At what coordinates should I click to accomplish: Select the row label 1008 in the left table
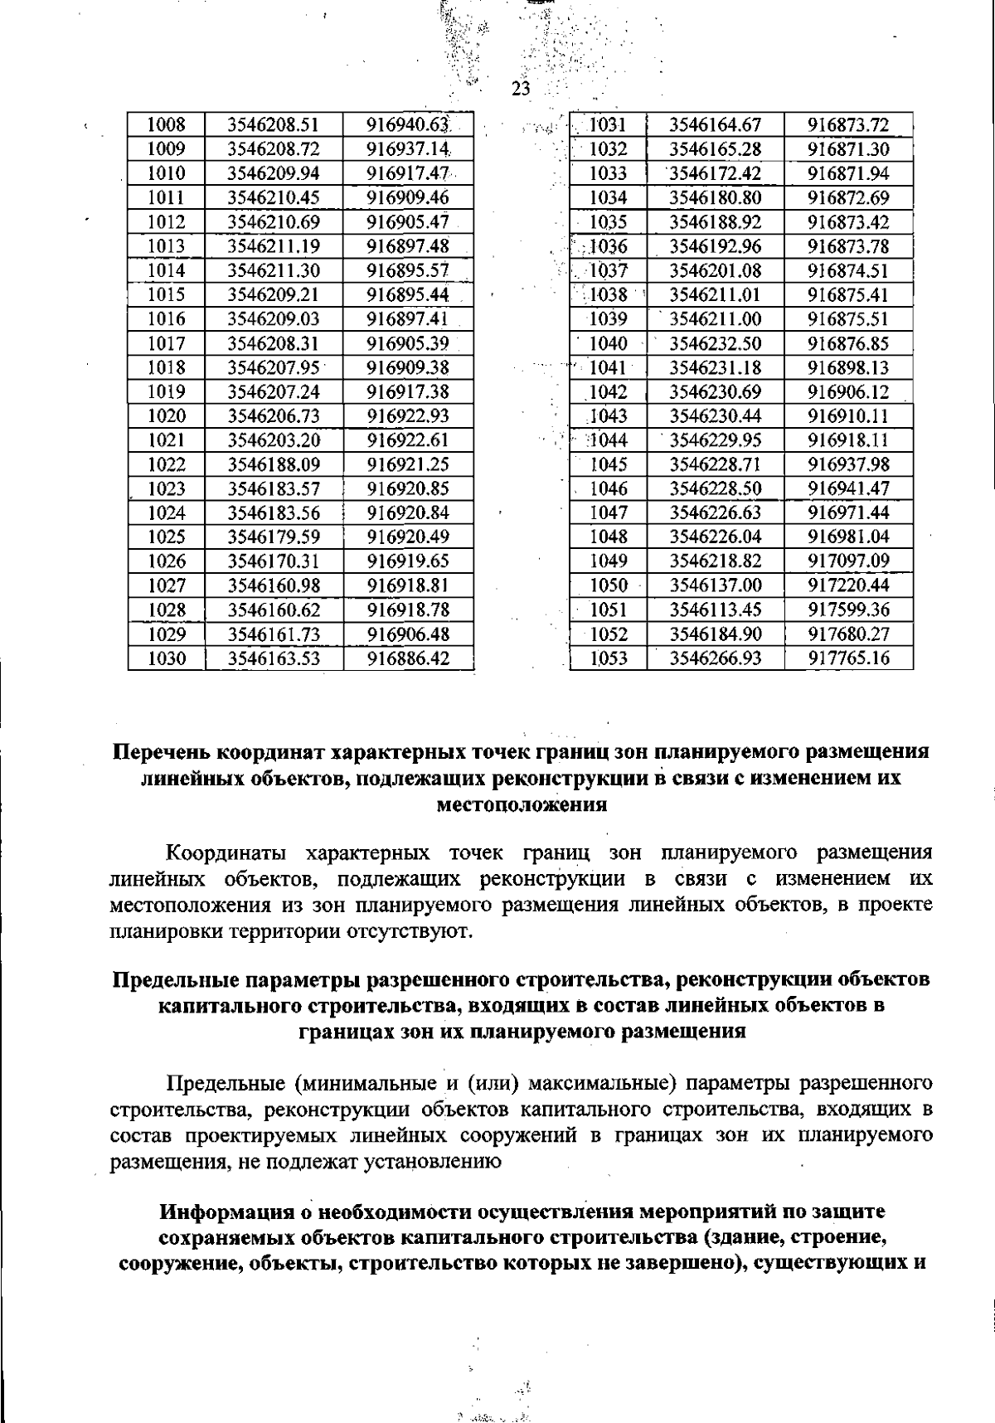point(166,125)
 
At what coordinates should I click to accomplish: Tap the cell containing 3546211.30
point(273,270)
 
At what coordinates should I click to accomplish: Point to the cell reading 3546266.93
point(715,659)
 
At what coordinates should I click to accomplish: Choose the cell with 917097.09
point(848,561)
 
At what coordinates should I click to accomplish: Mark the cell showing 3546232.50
point(715,343)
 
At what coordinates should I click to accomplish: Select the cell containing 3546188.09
point(273,464)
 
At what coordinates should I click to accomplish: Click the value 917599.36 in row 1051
point(848,610)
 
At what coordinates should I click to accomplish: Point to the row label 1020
point(166,416)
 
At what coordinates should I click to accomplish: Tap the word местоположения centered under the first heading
point(522,804)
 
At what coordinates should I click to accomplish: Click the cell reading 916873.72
point(848,125)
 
